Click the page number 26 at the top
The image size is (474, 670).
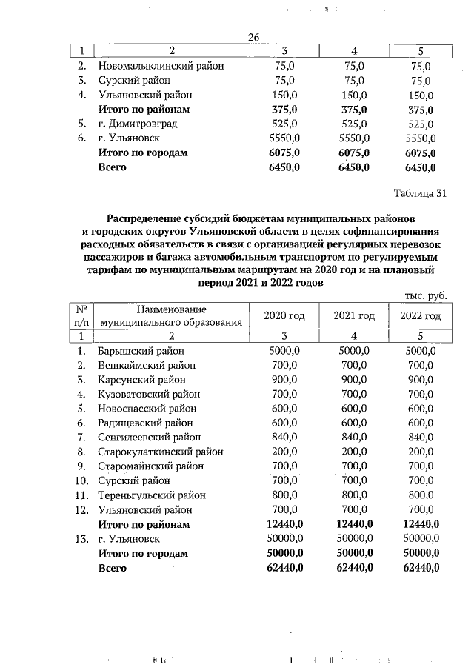point(253,38)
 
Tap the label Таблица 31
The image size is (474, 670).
point(419,195)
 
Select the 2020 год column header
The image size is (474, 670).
point(285,316)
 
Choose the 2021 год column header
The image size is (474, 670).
point(354,316)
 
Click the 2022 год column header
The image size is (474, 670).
point(420,316)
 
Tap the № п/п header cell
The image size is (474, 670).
point(82,316)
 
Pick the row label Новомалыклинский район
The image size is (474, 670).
point(161,66)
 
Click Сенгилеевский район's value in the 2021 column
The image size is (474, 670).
point(354,438)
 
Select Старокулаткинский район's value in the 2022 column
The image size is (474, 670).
point(420,452)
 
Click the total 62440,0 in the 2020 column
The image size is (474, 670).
point(285,568)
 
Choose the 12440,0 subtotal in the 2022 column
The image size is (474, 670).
point(420,524)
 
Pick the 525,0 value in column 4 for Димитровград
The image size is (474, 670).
point(354,124)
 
